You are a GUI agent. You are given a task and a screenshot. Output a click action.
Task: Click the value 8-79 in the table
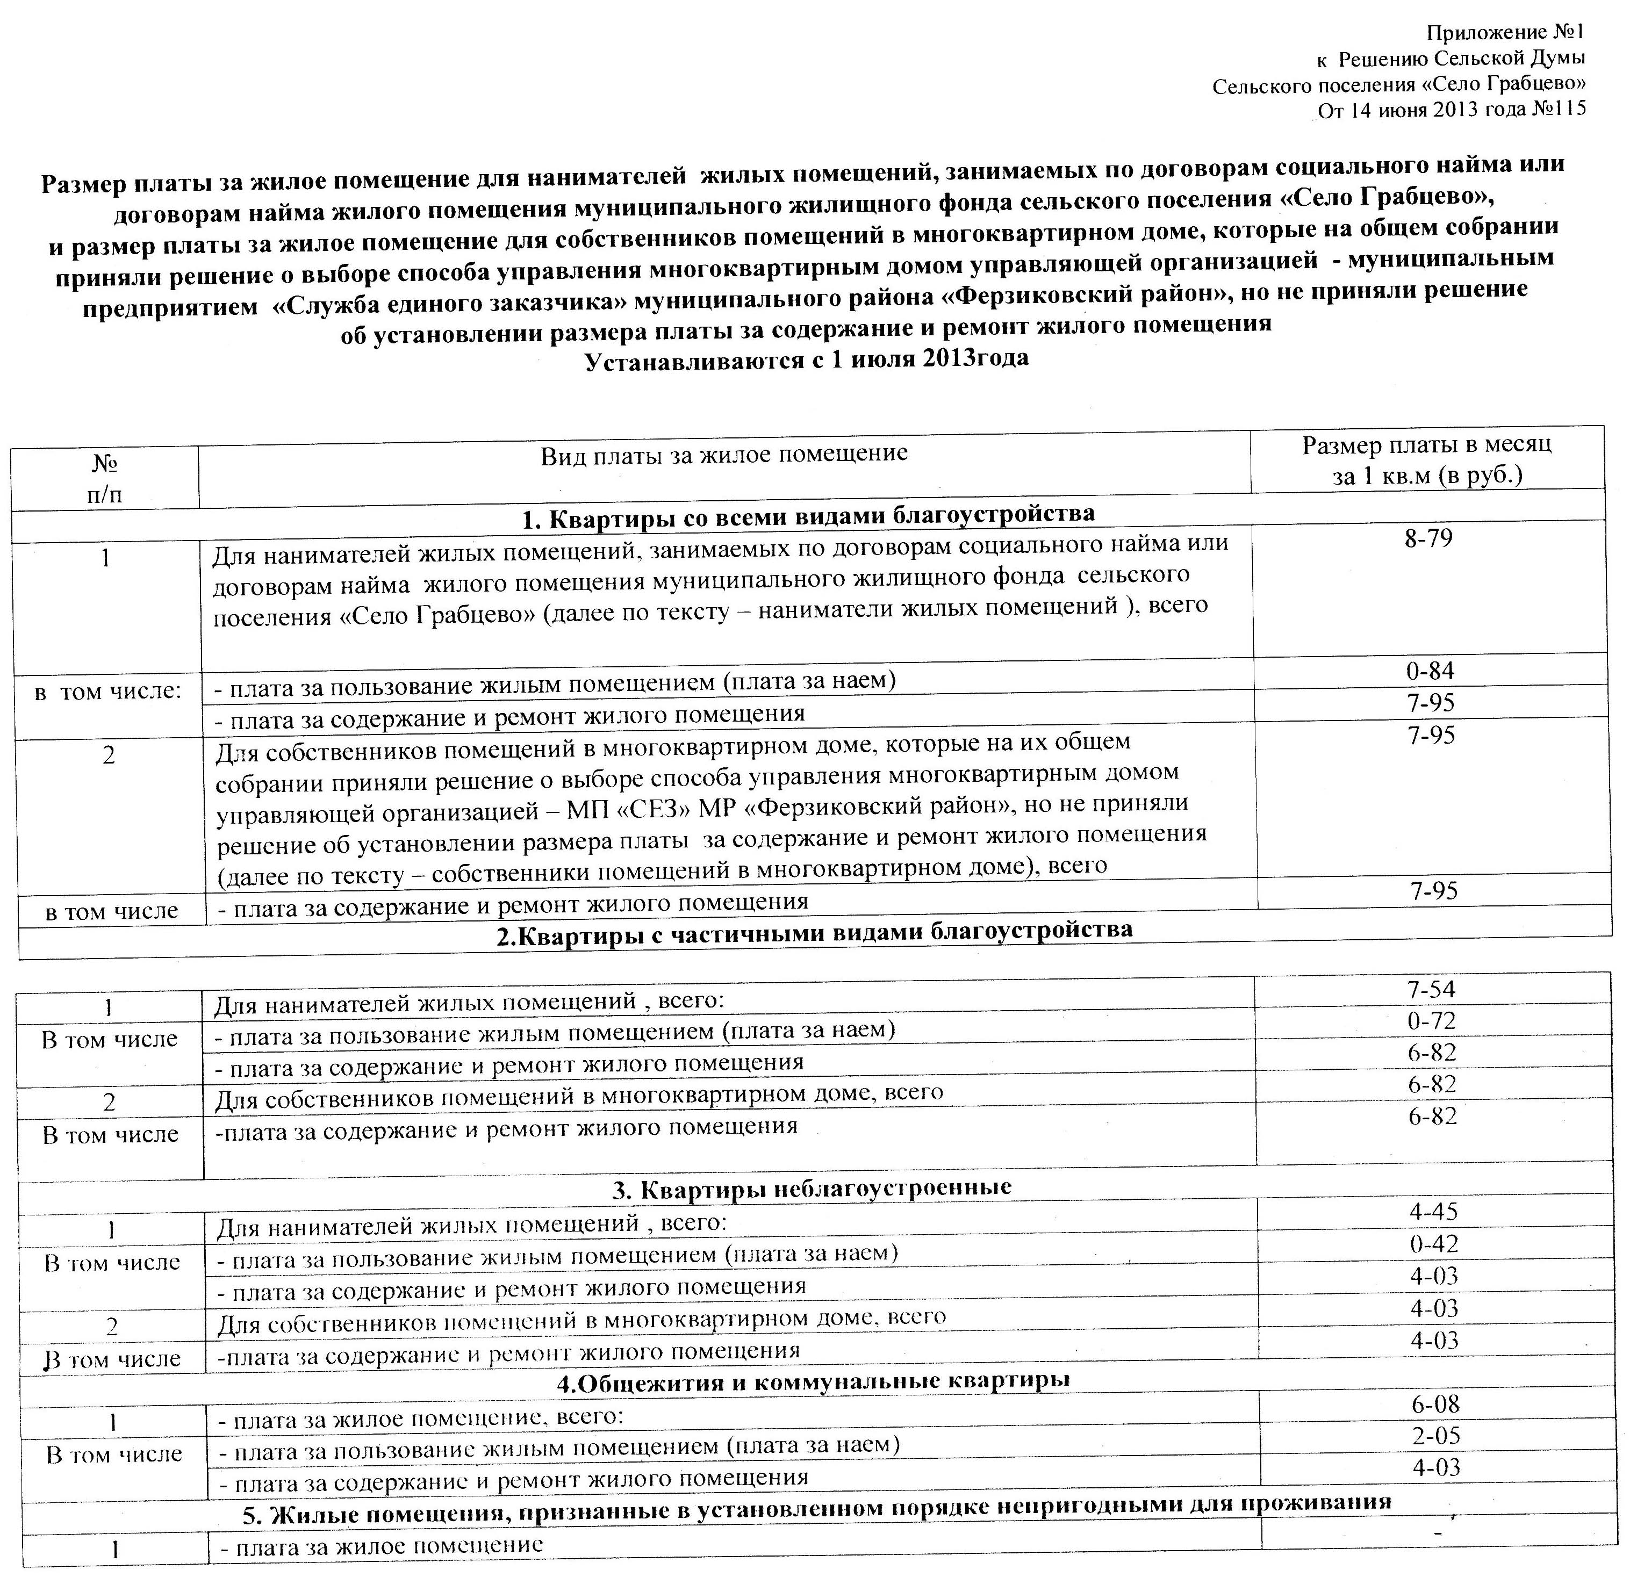pos(1428,538)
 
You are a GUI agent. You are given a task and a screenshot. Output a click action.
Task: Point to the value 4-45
pos(1433,1211)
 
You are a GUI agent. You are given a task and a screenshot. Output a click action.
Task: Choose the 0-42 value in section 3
pos(1434,1244)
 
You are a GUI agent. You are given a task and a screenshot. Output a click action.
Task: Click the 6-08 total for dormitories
pos(1435,1404)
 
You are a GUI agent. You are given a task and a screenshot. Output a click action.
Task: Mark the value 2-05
pos(1435,1436)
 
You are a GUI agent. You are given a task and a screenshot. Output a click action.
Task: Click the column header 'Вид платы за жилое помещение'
pos(723,454)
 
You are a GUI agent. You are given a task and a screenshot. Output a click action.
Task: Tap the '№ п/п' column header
pos(104,478)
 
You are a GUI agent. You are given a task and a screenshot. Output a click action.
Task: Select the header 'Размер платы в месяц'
pos(1426,444)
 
